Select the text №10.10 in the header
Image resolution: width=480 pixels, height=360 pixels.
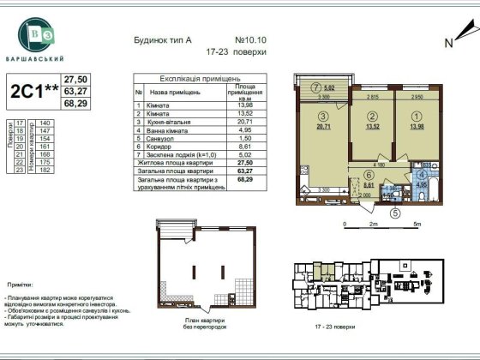click(253, 39)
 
